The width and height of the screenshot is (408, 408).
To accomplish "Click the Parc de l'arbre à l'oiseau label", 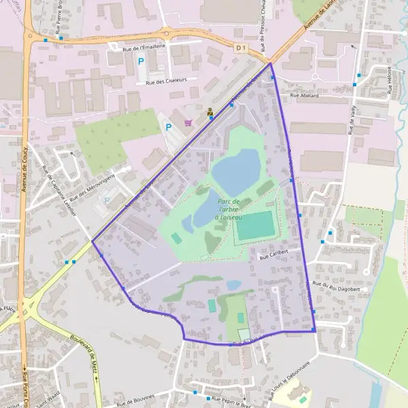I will point(229,210).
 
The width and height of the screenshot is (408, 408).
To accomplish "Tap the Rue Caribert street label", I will point(275,254).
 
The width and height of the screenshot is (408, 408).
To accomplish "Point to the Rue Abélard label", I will point(305,96).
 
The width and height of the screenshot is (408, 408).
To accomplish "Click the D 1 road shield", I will point(240,48).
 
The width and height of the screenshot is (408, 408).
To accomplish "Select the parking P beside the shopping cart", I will point(169,126).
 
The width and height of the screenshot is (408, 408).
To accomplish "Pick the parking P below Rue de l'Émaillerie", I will point(141,61).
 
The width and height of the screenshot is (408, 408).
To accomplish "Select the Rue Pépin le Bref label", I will point(231,399).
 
